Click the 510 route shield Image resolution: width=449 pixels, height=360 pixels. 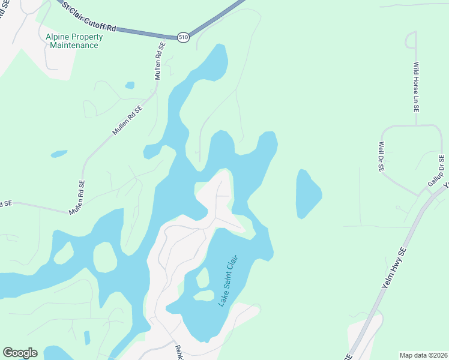pos(184,37)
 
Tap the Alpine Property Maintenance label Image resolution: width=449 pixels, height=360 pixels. pos(74,41)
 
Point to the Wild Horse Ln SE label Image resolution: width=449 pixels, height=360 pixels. pos(415,88)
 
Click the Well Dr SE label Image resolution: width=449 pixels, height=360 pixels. pos(381,157)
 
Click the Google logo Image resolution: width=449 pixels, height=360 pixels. pos(20,353)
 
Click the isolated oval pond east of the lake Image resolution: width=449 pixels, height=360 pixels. pos(307,194)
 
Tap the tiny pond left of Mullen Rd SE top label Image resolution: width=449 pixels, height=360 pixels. pos(130,85)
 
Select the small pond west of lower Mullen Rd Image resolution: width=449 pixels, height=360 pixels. pos(59,154)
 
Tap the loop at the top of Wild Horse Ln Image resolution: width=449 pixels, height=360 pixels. pos(411,40)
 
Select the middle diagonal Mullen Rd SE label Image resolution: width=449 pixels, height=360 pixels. pos(127,120)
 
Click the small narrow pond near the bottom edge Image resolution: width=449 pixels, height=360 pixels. pos(87,337)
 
